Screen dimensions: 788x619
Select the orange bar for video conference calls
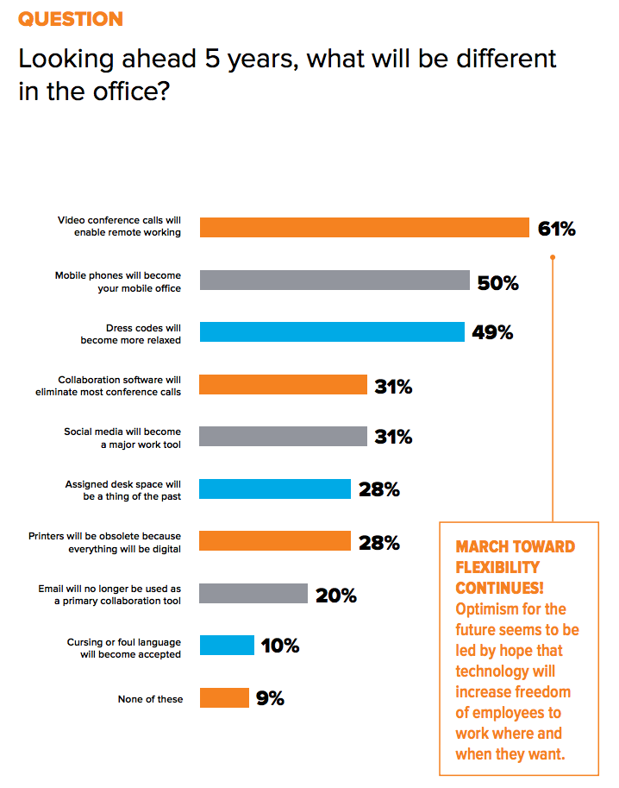pos(364,227)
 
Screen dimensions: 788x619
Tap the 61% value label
pos(556,229)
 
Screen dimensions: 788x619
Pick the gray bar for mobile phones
pos(335,280)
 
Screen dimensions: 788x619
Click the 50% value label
pos(497,281)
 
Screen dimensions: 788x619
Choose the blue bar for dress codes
pos(332,332)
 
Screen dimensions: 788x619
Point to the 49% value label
pos(492,333)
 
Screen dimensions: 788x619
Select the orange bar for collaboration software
pos(284,385)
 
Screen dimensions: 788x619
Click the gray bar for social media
pos(284,437)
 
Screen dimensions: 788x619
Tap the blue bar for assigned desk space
pos(275,489)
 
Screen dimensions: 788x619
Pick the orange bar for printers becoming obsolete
pos(275,541)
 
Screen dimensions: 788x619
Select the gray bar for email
pos(253,593)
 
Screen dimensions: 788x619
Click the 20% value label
pos(336,595)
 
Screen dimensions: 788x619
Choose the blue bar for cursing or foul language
pos(227,646)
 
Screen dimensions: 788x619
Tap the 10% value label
pos(280,646)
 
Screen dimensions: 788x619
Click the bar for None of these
pos(224,697)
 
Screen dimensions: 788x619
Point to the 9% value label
pos(270,699)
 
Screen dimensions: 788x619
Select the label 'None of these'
pos(150,699)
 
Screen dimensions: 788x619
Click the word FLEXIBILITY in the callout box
pos(497,566)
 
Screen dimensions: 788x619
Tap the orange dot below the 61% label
pos(553,256)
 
